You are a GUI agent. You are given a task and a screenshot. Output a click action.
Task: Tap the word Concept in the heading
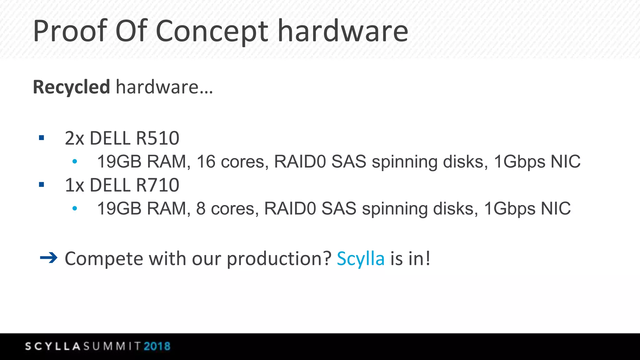tap(212, 31)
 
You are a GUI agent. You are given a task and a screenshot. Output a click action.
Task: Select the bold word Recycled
tap(72, 87)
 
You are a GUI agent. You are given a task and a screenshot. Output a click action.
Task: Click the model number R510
tap(157, 138)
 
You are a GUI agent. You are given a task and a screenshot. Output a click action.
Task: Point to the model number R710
tap(157, 185)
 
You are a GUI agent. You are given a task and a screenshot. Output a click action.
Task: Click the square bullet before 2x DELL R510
tap(42, 138)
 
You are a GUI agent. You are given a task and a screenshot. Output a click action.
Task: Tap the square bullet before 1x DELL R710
tap(42, 185)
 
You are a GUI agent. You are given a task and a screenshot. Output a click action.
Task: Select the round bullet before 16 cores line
tap(74, 162)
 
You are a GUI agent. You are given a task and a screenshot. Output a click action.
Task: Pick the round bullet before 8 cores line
tap(74, 208)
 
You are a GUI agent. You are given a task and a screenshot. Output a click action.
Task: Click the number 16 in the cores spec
tap(206, 162)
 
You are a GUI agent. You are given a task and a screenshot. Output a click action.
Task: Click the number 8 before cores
tap(201, 208)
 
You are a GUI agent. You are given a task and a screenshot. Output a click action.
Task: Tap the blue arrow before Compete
tap(49, 258)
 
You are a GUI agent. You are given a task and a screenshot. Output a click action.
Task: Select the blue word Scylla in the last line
tap(361, 259)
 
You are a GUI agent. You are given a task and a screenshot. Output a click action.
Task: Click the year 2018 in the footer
tap(157, 346)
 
